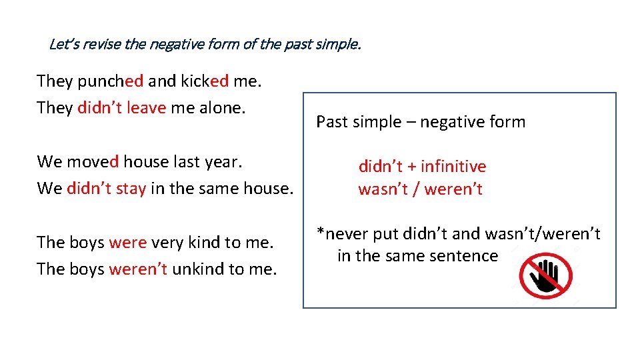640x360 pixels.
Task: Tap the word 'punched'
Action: tap(110, 81)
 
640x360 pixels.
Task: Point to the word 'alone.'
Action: tap(224, 107)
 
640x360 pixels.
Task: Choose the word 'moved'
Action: tap(93, 161)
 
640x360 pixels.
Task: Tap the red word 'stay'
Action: tap(130, 188)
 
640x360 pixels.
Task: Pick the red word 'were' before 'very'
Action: tap(127, 242)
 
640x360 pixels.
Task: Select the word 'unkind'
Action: tap(197, 269)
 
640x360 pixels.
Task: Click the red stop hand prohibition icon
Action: tap(546, 275)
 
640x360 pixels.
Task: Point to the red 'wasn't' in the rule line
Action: tap(383, 189)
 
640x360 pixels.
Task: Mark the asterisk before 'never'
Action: tap(320, 231)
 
